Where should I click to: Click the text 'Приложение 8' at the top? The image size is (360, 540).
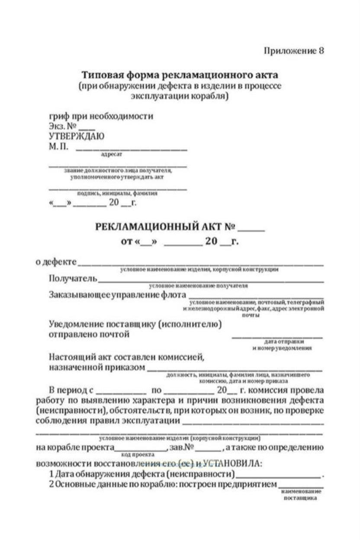pos(294,51)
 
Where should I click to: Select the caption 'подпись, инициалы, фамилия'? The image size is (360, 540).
pos(117,194)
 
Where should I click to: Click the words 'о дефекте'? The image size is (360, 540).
pos(56,262)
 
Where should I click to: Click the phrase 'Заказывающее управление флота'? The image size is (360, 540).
pos(117,294)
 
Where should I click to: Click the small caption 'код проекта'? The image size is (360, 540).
pos(137,455)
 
